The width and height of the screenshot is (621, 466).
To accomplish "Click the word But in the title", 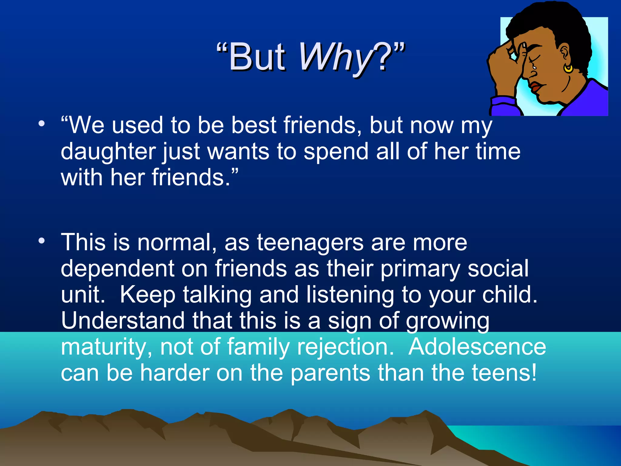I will (257, 58).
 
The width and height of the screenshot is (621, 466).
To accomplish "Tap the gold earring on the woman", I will (568, 69).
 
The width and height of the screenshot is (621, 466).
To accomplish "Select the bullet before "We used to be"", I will (42, 124).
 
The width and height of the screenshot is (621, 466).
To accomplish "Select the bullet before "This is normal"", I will (42, 241).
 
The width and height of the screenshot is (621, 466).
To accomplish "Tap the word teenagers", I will (310, 243).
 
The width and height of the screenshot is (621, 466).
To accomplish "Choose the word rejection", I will (345, 347).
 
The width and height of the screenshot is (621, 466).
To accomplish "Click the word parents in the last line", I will (330, 373).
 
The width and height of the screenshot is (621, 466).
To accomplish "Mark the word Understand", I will (123, 321).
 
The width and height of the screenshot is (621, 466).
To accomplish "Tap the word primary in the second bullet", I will (420, 269).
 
